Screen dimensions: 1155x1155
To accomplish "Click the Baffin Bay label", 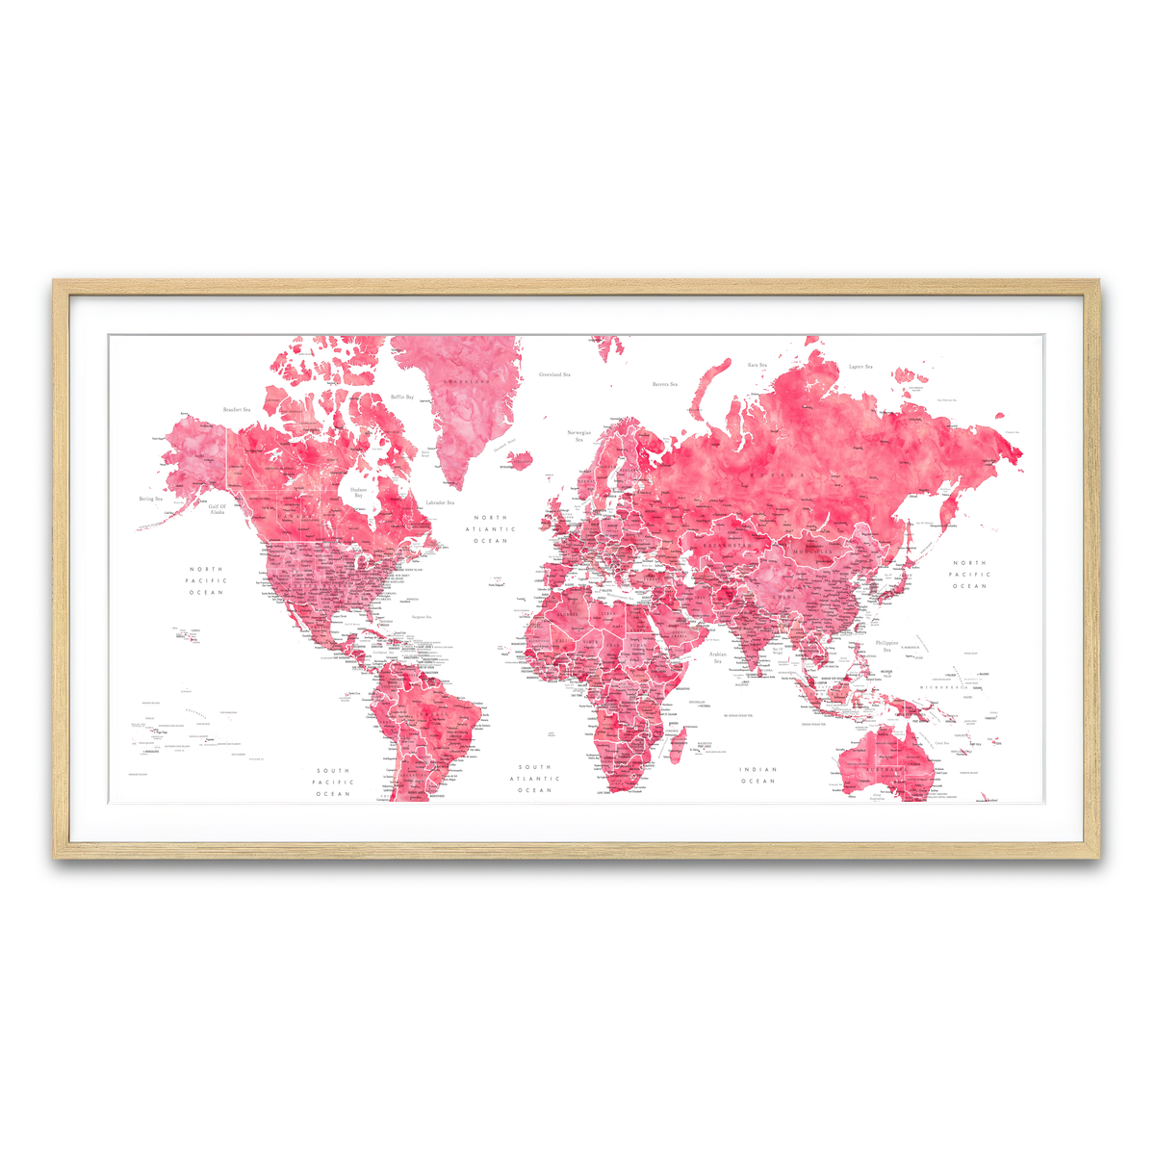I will (x=402, y=397).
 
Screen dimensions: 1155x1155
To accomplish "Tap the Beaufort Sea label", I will (x=236, y=410).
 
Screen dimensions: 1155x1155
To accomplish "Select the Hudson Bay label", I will (x=358, y=492).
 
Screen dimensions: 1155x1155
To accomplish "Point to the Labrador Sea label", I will (x=439, y=502).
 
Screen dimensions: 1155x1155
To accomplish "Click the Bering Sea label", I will (x=150, y=499).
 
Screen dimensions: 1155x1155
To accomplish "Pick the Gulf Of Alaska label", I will (x=218, y=509).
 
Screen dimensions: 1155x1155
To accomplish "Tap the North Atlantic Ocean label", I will (x=490, y=529).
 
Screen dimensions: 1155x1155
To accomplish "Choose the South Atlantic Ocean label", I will (x=534, y=779).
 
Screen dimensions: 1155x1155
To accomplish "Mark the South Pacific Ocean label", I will (x=333, y=783).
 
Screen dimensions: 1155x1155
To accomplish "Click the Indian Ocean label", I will (x=757, y=775).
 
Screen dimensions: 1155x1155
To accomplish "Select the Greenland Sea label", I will (x=554, y=374).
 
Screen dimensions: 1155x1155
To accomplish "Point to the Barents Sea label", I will (x=665, y=384).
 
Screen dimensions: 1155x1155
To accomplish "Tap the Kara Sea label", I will (x=757, y=365).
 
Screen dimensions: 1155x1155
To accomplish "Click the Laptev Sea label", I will (x=860, y=367).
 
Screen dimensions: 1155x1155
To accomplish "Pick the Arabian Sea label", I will (x=717, y=657).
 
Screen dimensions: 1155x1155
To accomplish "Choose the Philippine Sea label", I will (x=886, y=646).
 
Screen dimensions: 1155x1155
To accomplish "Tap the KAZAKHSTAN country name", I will (x=724, y=545).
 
